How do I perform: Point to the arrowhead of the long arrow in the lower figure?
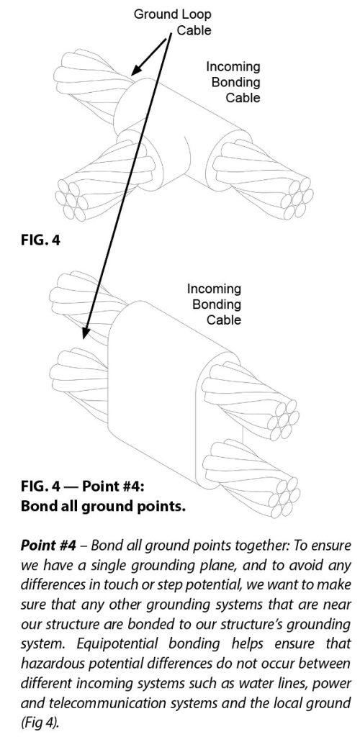click(x=85, y=332)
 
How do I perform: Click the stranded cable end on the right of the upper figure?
click(x=264, y=179)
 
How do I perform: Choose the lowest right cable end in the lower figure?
click(x=251, y=475)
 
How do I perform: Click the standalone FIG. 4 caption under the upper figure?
click(x=40, y=240)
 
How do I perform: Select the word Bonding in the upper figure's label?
click(x=235, y=82)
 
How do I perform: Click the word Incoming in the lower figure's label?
click(x=214, y=289)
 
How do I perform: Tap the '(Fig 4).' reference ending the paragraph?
click(x=39, y=723)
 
